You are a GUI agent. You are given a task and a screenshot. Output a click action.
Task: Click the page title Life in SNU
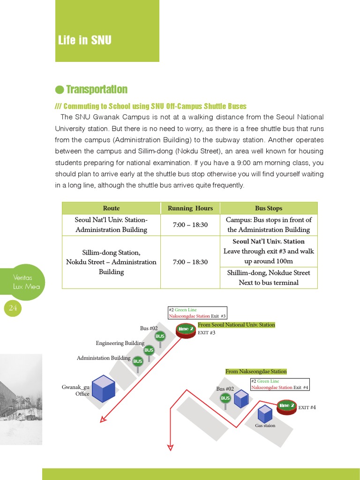(x=85, y=40)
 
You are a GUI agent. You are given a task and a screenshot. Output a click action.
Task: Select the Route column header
(x=111, y=208)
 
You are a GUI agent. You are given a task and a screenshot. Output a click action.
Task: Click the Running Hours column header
(x=190, y=208)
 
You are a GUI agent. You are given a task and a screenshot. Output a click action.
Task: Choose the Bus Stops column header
(x=269, y=208)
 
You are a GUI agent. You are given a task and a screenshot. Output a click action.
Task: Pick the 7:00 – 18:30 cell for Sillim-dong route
(x=190, y=262)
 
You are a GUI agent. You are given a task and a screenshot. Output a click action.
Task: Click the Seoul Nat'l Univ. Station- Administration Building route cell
(x=111, y=225)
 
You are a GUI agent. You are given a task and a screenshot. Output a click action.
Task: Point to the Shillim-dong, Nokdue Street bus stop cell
(x=269, y=277)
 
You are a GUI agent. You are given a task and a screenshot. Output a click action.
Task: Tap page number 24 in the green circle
(x=13, y=308)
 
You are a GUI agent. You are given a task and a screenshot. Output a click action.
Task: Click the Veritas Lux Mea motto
(x=26, y=282)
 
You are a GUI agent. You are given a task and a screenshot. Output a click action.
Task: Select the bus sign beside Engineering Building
(x=149, y=350)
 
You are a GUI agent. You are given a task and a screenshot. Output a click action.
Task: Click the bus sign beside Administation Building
(x=138, y=361)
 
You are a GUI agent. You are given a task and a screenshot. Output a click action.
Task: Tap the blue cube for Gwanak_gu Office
(x=104, y=388)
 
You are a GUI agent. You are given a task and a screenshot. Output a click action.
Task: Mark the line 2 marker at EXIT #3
(x=186, y=330)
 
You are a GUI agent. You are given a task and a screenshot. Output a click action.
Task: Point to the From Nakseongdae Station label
(x=256, y=371)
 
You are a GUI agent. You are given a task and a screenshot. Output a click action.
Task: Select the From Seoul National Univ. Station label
(x=236, y=325)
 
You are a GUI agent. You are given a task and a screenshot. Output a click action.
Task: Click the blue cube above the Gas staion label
(x=265, y=413)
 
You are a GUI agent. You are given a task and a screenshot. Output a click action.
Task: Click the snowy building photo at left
(x=21, y=398)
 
